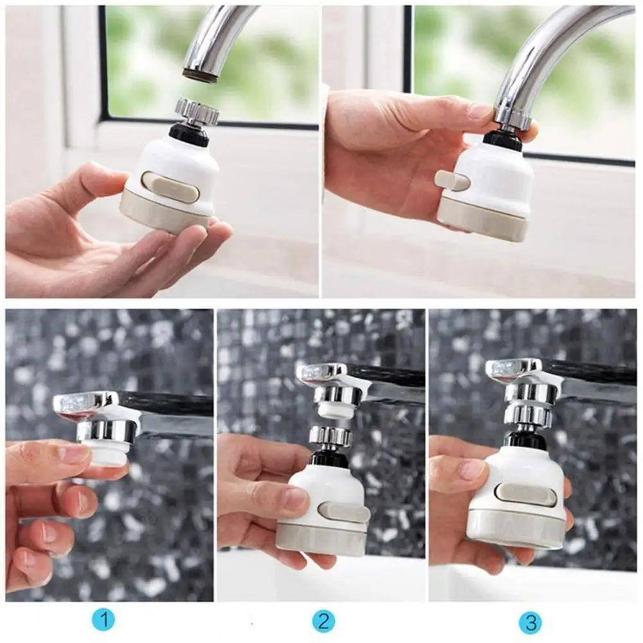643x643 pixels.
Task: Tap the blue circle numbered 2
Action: coord(324,621)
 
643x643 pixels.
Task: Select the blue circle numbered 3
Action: coord(530,622)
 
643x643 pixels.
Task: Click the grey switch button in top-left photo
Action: coord(170,186)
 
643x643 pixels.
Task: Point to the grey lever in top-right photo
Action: coord(451,181)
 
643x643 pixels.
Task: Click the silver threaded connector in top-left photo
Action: coord(197,112)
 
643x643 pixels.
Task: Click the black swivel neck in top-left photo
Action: coord(189,134)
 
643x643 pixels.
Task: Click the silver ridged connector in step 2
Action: coord(330,436)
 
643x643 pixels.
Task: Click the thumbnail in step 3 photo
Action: coord(473,469)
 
